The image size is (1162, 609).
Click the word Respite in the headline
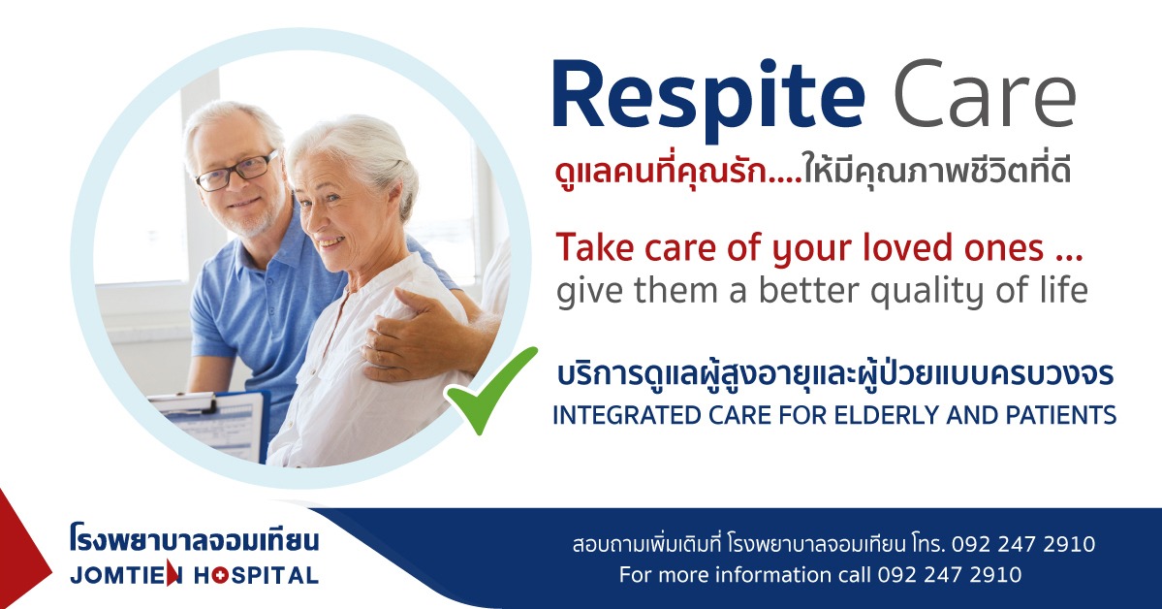(x=707, y=98)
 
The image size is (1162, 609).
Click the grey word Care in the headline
(x=985, y=94)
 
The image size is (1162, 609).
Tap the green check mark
(x=489, y=390)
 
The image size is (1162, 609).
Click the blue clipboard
(x=211, y=423)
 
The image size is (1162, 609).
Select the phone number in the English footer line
(x=950, y=575)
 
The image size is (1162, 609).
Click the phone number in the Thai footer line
(x=1023, y=544)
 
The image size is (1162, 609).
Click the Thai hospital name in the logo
(x=194, y=539)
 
